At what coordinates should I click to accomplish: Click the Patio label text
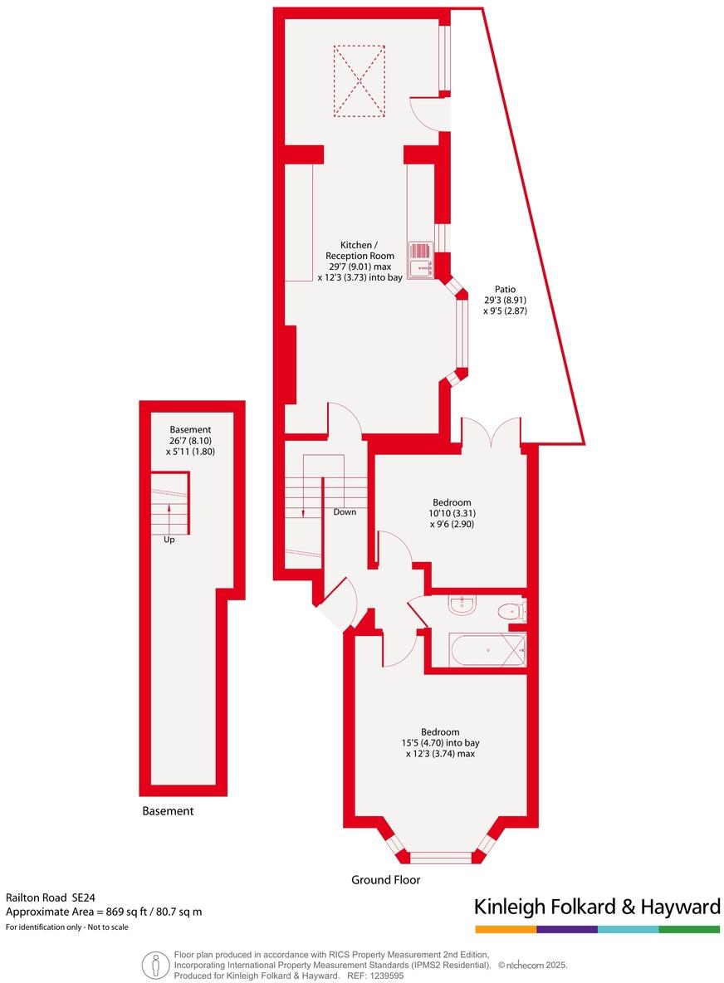506,289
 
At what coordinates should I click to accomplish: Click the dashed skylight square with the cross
360,81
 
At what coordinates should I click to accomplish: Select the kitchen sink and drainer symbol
421,258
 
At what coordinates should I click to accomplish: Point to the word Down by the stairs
345,512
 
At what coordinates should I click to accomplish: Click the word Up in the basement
169,540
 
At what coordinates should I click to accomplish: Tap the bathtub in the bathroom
487,650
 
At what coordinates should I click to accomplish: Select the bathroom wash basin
462,605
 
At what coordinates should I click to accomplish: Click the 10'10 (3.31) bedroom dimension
452,513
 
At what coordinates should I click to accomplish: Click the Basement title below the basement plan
167,810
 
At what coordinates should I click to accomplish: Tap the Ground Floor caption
385,880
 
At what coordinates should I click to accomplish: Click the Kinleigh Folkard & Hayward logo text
596,907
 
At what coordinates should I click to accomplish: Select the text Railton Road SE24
52,897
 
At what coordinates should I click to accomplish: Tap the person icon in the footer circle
154,965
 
